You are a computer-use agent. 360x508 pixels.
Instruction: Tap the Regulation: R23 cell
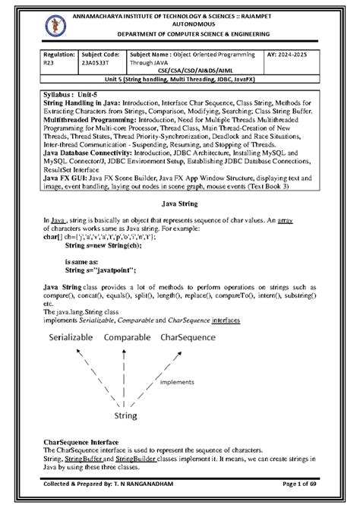click(59, 61)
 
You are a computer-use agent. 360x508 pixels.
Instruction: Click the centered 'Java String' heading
click(180, 204)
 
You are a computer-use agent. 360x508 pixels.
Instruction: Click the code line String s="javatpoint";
click(99, 269)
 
